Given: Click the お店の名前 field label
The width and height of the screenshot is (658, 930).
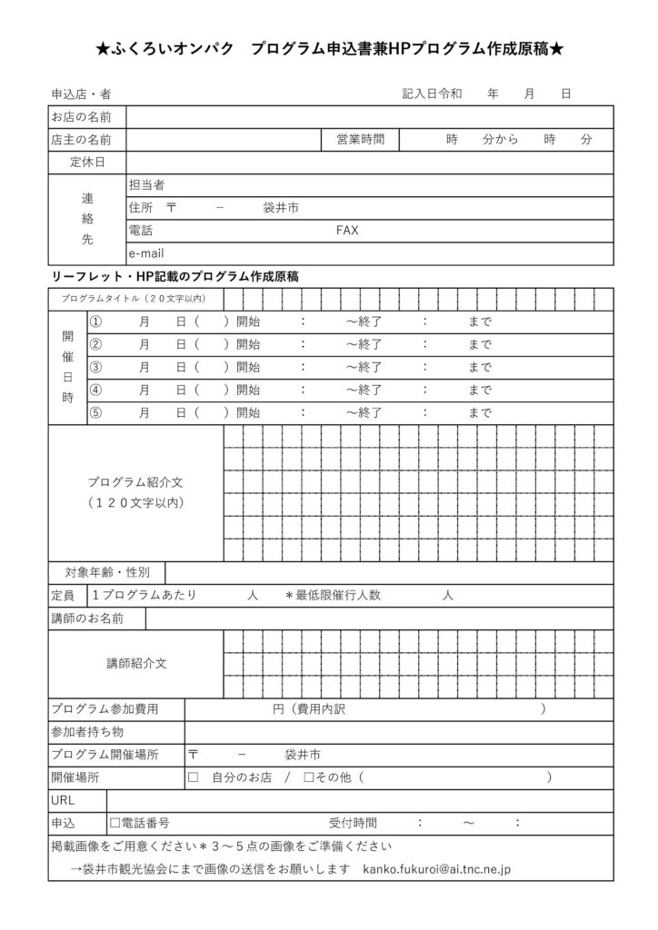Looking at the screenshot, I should tap(82, 117).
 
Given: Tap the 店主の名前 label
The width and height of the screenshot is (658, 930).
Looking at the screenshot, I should tap(82, 140).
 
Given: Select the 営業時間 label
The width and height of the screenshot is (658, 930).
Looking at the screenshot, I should tap(360, 140).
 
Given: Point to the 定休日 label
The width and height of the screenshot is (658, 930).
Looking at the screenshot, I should tap(87, 163).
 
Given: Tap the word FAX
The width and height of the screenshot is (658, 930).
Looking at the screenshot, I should tap(347, 231).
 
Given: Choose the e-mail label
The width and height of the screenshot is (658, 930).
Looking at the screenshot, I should tap(146, 253).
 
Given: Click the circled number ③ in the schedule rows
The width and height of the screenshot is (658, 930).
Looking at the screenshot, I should tap(96, 368).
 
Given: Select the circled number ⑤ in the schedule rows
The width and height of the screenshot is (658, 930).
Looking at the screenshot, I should tap(96, 413).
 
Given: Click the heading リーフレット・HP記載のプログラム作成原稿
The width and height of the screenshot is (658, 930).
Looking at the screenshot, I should tap(176, 275).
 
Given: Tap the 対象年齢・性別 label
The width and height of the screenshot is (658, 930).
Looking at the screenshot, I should tap(107, 572).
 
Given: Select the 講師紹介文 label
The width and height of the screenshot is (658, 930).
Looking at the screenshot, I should tap(136, 664).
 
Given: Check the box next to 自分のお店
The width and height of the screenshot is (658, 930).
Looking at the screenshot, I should tap(193, 777).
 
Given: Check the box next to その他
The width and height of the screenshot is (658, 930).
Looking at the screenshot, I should tap(309, 777).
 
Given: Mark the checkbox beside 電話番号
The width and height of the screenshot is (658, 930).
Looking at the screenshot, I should tap(115, 823).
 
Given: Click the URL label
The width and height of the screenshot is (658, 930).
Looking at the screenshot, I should tap(64, 800).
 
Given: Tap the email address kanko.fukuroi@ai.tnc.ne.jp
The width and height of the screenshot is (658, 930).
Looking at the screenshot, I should tap(436, 869).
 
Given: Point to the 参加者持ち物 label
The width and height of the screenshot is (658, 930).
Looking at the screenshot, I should tap(88, 732).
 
